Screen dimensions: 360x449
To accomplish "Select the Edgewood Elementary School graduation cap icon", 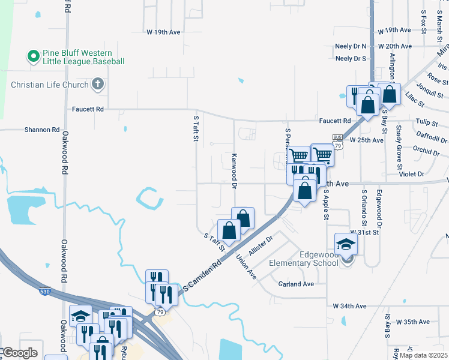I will click(346, 245).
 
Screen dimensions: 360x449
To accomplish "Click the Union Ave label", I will click(246, 267).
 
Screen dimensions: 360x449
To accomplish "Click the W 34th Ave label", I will click(349, 306).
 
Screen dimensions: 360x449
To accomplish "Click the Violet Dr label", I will click(412, 174).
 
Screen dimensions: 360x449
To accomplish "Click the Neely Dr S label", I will click(351, 59).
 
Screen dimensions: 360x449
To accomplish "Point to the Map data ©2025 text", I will click(423, 355).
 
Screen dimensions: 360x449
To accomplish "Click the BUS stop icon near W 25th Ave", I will click(337, 137).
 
